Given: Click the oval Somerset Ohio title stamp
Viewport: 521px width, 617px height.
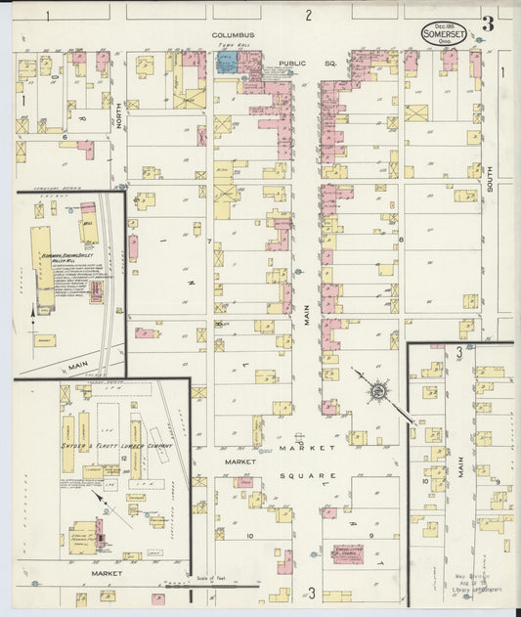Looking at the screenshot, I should click(x=445, y=33).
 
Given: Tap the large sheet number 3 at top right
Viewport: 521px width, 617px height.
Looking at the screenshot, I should click(x=487, y=23).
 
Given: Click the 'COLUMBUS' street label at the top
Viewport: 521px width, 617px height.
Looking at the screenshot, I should click(x=234, y=34).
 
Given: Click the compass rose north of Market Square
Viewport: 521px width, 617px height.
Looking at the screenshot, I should click(x=375, y=392).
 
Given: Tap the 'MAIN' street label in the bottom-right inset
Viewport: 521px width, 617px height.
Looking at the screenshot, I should click(x=458, y=474).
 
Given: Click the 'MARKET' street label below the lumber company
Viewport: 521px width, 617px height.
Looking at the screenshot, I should click(x=107, y=573).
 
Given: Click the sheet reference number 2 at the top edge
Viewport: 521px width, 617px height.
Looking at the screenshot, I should click(x=307, y=15).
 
